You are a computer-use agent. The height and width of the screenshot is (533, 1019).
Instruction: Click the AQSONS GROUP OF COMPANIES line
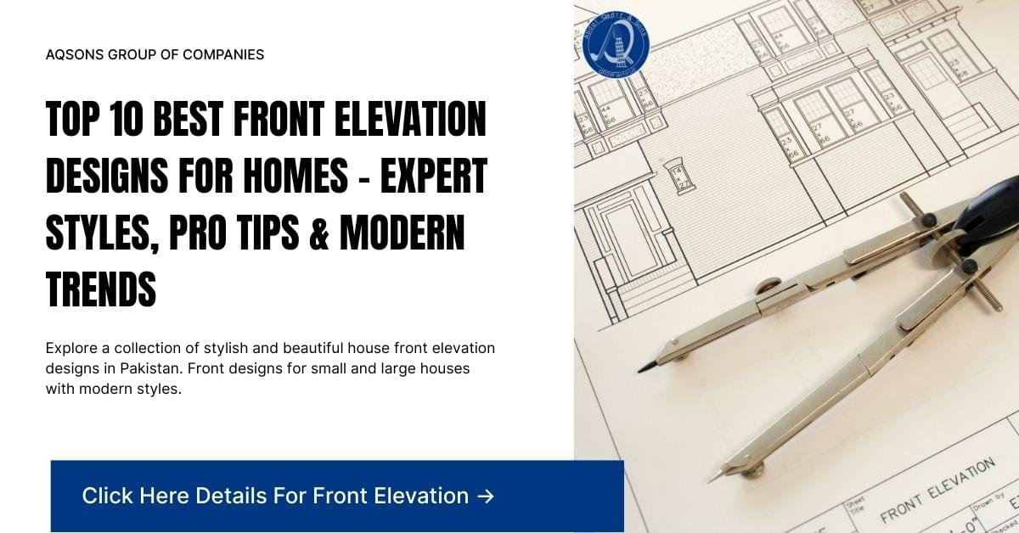click(x=155, y=54)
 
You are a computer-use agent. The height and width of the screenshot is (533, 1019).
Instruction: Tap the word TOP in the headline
click(x=73, y=121)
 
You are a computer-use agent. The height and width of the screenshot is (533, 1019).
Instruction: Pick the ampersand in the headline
click(x=321, y=233)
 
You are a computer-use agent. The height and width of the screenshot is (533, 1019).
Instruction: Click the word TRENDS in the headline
click(x=101, y=289)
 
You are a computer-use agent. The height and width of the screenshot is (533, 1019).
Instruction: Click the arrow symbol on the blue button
click(x=486, y=496)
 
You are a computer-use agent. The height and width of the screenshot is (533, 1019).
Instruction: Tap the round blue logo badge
click(x=616, y=42)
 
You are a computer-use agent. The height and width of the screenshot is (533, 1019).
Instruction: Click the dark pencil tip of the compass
click(x=647, y=367)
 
